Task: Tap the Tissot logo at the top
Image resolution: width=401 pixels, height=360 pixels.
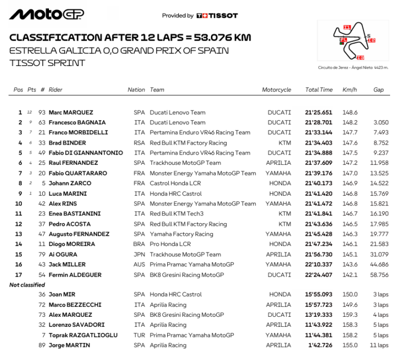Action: pyautogui.click(x=217, y=16)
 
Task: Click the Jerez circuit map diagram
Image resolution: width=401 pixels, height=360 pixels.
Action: pyautogui.click(x=354, y=42)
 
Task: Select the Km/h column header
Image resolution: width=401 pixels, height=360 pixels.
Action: pyautogui.click(x=349, y=90)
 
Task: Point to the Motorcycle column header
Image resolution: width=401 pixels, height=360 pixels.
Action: pyautogui.click(x=277, y=90)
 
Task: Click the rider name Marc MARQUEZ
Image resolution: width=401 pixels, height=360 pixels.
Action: pyautogui.click(x=71, y=112)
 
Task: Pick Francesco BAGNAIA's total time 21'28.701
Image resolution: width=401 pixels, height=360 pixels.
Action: pyautogui.click(x=319, y=122)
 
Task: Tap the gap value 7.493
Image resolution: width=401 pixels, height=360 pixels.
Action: pyautogui.click(x=381, y=133)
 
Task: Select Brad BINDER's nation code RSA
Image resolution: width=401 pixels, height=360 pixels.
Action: pyautogui.click(x=140, y=143)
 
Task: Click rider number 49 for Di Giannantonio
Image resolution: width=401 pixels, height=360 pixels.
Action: pyautogui.click(x=42, y=153)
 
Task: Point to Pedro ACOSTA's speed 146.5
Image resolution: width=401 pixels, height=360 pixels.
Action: pyautogui.click(x=349, y=224)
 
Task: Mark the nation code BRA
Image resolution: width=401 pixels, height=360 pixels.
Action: pyautogui.click(x=140, y=245)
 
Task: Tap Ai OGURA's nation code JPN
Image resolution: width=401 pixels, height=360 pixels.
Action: pyautogui.click(x=140, y=254)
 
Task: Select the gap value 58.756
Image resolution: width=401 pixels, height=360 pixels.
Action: pyautogui.click(x=379, y=275)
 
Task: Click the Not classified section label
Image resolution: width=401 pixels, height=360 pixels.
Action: pyautogui.click(x=27, y=285)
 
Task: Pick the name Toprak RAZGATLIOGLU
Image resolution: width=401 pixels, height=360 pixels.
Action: pyautogui.click(x=83, y=336)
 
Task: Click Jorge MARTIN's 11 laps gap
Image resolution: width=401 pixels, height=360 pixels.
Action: pyautogui.click(x=380, y=345)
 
